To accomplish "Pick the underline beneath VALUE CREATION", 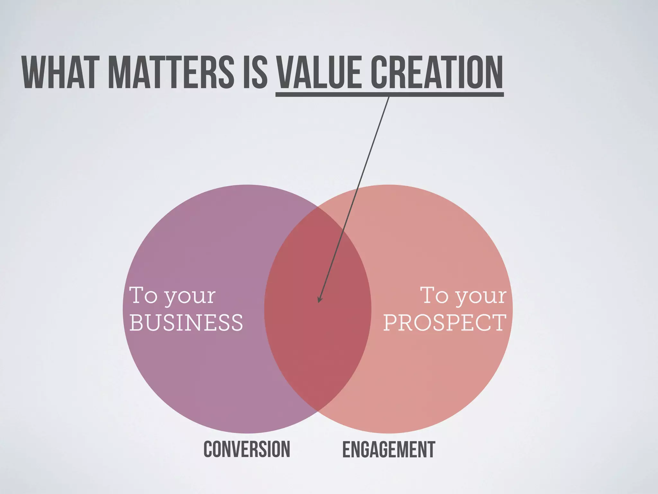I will click(389, 94).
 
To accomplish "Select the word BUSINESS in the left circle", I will click(186, 323).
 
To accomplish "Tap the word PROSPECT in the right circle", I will click(445, 323).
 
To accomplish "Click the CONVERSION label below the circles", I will click(247, 449).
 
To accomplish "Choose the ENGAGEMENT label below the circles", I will click(388, 449).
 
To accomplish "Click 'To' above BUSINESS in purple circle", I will click(143, 295).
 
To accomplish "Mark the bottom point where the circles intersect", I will click(318, 411).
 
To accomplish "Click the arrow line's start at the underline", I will click(389, 97).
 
